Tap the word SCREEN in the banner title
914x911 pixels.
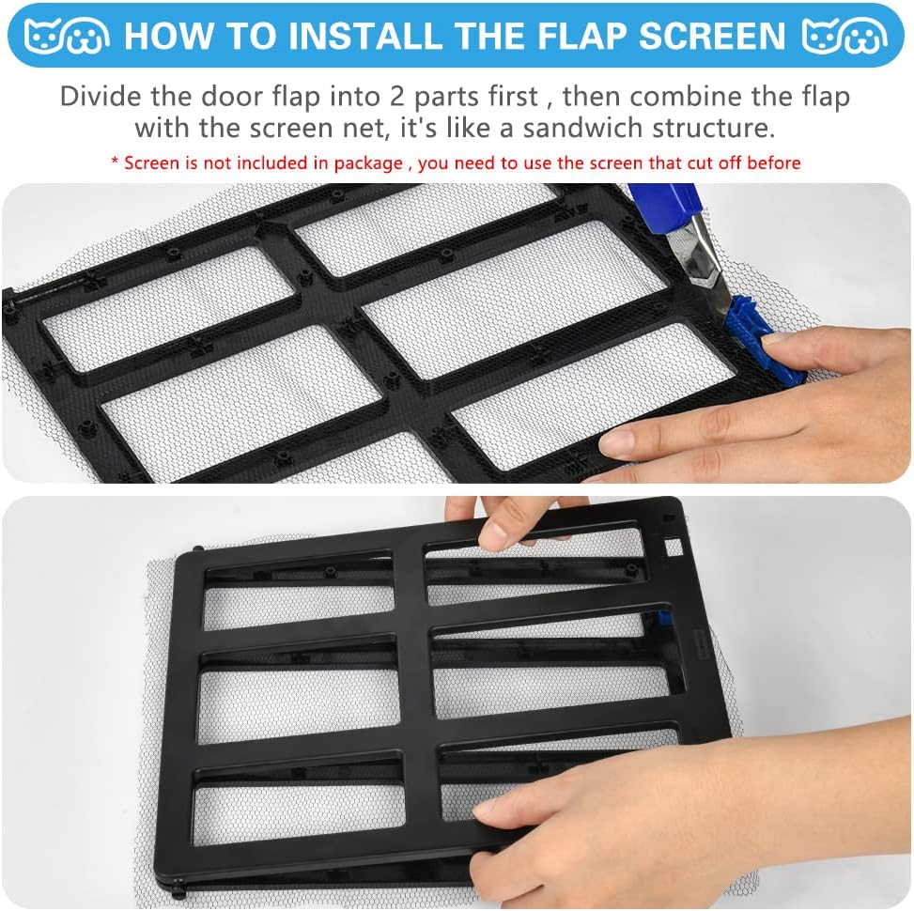point(712,36)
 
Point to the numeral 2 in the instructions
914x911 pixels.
point(397,97)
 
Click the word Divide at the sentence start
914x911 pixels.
point(101,97)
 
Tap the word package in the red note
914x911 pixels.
point(368,163)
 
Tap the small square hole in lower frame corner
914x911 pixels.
point(674,548)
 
